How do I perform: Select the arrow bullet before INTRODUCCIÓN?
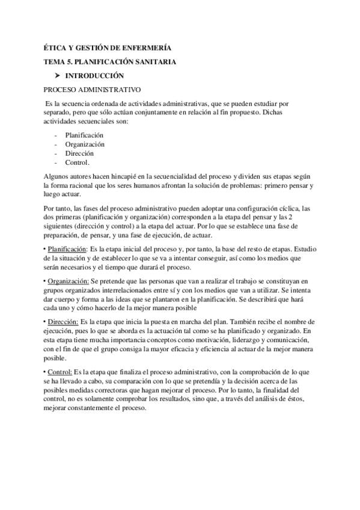point(57,76)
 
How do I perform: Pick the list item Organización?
point(85,144)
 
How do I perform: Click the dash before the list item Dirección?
point(56,153)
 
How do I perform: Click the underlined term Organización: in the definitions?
point(68,280)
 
